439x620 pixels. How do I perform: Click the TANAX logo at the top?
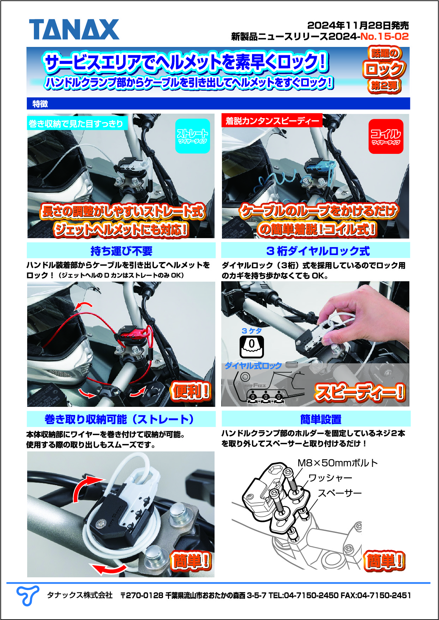74,30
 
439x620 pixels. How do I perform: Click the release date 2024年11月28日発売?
358,25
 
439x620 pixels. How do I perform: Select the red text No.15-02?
384,36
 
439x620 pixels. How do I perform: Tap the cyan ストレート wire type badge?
193,136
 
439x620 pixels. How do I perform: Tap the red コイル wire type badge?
386,136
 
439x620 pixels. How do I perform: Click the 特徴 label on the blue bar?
40,104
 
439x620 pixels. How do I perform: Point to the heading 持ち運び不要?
121,251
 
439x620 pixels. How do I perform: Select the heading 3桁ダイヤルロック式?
318,251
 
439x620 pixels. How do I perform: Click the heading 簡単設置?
321,419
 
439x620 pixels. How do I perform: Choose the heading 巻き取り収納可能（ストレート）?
120,419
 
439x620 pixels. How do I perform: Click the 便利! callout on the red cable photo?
191,391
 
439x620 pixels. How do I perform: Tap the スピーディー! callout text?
360,392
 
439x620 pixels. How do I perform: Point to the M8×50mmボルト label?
337,463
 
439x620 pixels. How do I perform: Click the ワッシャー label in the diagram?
330,478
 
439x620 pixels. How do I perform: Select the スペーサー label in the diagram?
340,493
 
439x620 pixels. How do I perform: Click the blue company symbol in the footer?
28,595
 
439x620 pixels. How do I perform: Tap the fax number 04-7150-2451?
384,596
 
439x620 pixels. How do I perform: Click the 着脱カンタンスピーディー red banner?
272,121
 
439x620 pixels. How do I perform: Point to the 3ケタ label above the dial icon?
252,331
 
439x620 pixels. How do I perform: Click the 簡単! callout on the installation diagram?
384,561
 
